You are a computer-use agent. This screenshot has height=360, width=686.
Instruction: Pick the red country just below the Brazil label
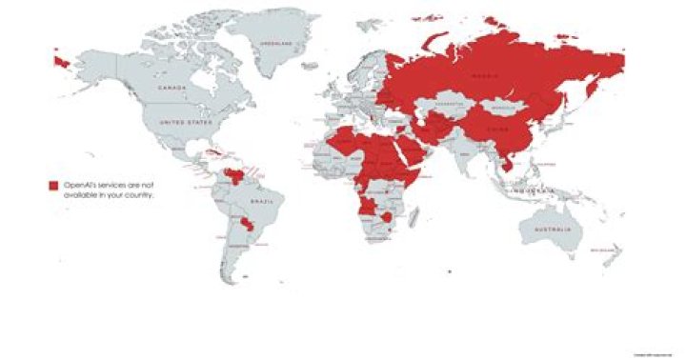coord(252,226)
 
